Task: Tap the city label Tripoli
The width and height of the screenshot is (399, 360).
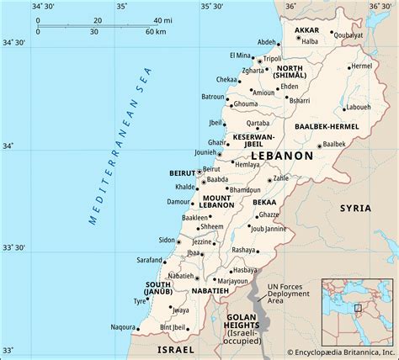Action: [x=273, y=58]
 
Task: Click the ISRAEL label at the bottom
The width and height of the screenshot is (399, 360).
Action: [x=175, y=347]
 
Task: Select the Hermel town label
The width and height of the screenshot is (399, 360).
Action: [x=361, y=66]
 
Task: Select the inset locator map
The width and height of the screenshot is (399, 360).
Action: [x=358, y=309]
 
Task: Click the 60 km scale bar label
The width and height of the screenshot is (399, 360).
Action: [x=155, y=32]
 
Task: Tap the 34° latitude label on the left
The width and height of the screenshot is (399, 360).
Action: [x=8, y=146]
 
